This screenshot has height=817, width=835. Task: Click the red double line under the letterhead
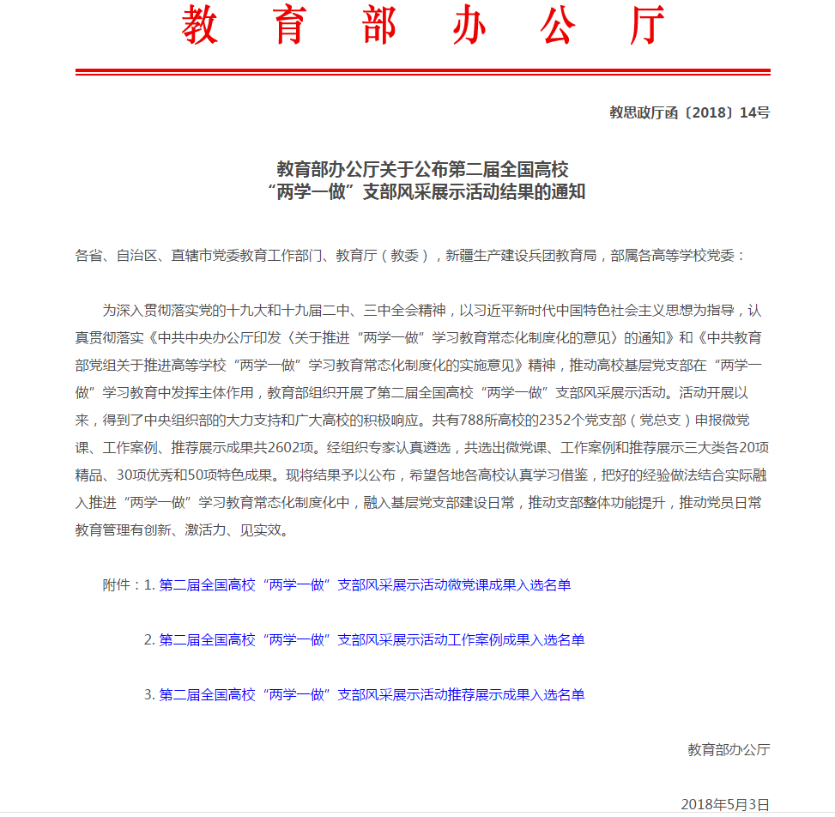422,72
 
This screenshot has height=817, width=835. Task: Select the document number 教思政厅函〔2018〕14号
689,112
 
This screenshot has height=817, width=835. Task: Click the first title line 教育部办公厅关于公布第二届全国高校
422,168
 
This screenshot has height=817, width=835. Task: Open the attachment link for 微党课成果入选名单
365,585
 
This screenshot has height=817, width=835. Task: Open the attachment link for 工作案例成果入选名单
372,640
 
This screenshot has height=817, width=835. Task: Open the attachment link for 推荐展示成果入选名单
372,694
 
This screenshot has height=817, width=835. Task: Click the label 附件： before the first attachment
122,585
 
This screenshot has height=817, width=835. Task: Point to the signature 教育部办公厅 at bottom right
729,749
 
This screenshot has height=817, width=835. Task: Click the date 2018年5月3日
725,804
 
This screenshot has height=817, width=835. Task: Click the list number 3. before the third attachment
149,694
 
